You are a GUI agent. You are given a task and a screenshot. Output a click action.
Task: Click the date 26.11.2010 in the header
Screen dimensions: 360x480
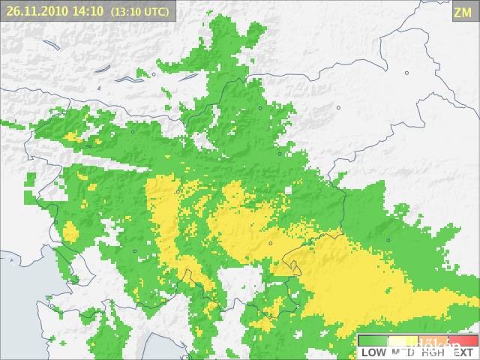tap(37, 11)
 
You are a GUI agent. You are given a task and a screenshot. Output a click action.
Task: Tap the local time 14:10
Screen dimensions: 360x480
tap(88, 11)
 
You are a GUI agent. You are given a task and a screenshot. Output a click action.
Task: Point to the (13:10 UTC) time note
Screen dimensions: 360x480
tap(139, 12)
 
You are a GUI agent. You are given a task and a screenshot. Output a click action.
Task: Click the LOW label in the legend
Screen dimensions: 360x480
tap(373, 352)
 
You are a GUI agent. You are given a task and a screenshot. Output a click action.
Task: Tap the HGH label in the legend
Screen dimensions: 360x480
tap(431, 352)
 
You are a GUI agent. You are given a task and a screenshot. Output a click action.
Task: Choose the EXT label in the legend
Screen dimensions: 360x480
tap(462, 352)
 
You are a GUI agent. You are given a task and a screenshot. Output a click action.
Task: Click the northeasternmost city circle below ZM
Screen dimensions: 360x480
tap(406, 73)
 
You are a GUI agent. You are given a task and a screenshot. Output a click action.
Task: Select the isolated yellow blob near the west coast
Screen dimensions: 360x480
tap(70, 231)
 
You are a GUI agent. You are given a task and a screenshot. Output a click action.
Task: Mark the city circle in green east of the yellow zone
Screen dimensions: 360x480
tap(388, 240)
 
